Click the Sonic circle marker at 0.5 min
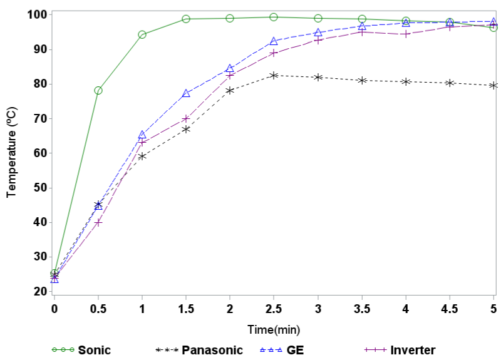(x=98, y=90)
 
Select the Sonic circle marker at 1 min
(x=142, y=34)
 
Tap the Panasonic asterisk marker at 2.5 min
(x=274, y=75)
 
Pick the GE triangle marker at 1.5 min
(x=186, y=93)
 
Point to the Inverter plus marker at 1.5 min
(x=186, y=118)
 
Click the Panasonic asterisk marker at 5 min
(x=493, y=85)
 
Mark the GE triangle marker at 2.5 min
(x=274, y=41)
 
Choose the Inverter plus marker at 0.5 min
(x=98, y=222)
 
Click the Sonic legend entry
(x=81, y=350)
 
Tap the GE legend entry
(x=282, y=350)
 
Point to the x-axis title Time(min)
(x=273, y=329)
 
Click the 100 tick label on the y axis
(x=36, y=14)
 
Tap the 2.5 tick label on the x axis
(x=274, y=308)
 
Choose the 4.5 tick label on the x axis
(x=450, y=308)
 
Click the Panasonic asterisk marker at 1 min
(x=142, y=156)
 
